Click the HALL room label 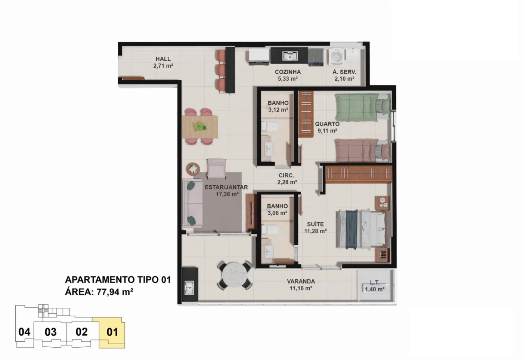point(163,59)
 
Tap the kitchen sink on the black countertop point(290,56)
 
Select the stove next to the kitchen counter point(316,57)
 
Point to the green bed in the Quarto point(363,108)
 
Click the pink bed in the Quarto point(363,150)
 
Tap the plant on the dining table point(200,126)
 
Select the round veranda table point(235,276)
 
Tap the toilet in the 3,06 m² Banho point(270,230)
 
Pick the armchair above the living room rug point(216,168)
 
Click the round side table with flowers point(193,169)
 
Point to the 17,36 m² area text point(227,194)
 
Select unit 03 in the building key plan point(50,332)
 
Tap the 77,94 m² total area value point(115,292)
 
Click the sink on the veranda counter point(189,288)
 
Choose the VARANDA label point(301,281)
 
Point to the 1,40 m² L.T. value point(375,289)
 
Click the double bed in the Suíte point(361,229)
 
